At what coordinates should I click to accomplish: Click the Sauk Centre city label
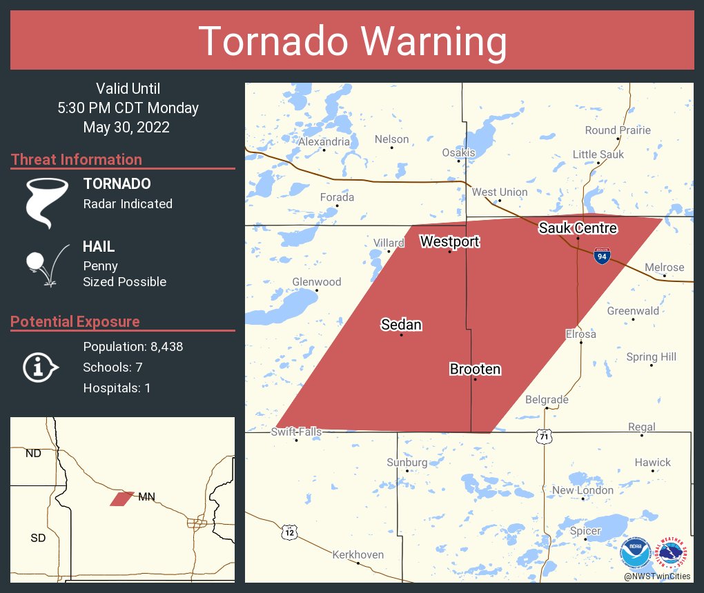pos(578,228)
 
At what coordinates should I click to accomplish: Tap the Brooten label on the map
pos(475,370)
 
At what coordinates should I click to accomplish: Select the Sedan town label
pos(401,325)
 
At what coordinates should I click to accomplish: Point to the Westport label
pos(449,241)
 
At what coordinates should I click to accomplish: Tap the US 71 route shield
pos(545,436)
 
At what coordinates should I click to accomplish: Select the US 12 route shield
pos(289,532)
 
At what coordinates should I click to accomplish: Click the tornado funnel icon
pos(47,202)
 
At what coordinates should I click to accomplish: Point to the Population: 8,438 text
pos(133,347)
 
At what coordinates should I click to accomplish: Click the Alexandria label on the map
pos(324,141)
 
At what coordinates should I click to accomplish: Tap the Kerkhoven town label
pos(358,554)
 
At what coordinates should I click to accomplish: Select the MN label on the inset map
pos(146,496)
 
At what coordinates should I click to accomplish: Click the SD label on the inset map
pos(38,537)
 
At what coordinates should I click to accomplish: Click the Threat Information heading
pos(77,159)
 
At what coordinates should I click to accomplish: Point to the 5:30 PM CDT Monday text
pos(128,108)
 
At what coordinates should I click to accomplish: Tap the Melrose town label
pos(664,268)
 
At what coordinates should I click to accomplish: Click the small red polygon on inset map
pos(121,499)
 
